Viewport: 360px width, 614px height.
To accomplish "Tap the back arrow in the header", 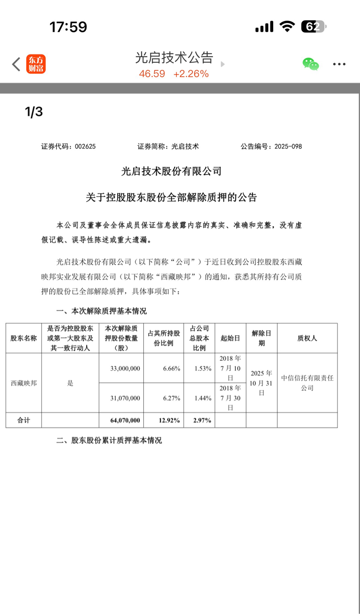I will (16, 64).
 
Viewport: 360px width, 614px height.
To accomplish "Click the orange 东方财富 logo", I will (36, 64).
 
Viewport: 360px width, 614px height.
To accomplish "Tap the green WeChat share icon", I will (310, 64).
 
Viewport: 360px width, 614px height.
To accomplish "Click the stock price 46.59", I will (152, 74).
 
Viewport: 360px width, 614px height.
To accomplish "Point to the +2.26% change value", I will (191, 74).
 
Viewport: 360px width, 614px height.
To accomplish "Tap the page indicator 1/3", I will (34, 112).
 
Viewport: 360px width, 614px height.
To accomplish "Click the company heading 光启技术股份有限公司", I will (172, 171).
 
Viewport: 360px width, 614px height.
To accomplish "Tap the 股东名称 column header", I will (23, 338).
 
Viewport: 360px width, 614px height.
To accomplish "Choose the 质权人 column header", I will (307, 338).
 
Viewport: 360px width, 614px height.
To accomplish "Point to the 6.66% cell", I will (172, 368).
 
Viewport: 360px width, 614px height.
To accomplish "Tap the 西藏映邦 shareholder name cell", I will (23, 383).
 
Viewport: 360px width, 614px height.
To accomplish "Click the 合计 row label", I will (23, 420).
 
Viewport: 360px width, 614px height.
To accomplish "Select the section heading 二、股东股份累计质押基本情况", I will (109, 440).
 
